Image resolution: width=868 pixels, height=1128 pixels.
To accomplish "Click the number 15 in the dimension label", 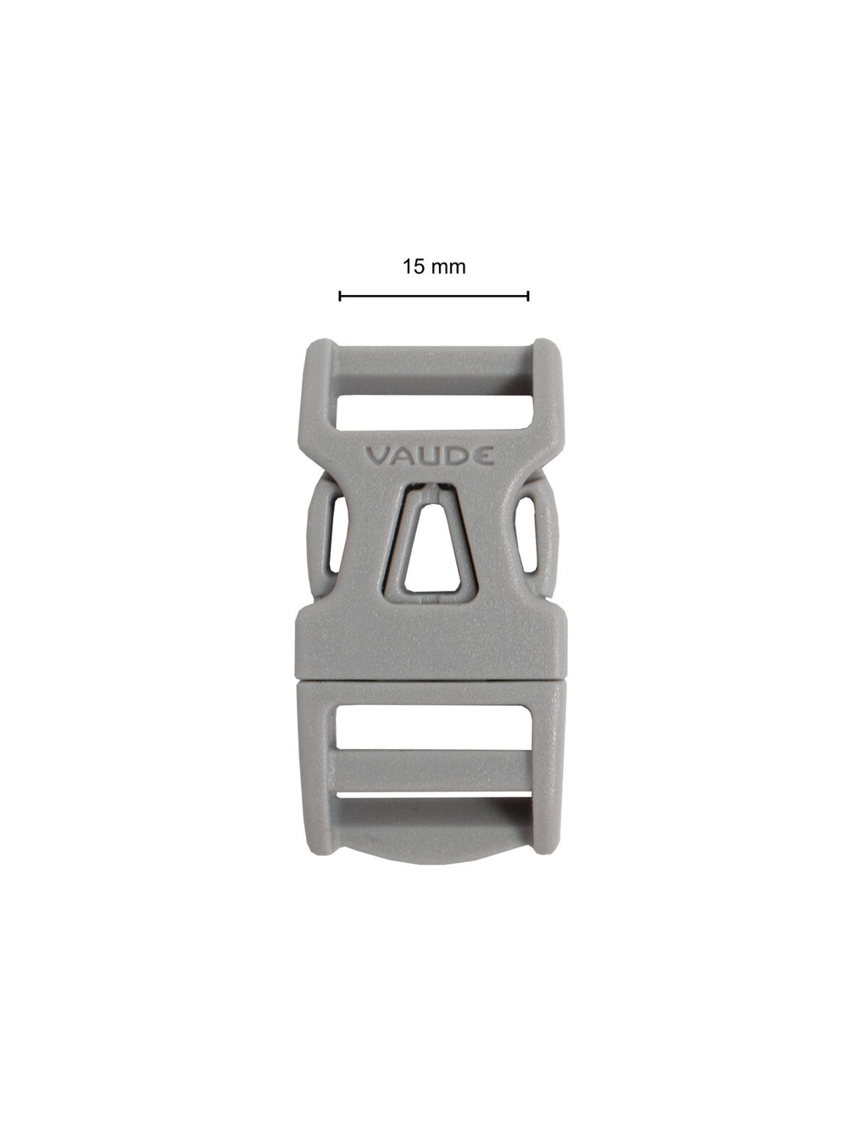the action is click(x=414, y=267).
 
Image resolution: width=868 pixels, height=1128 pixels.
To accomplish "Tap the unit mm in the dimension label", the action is click(x=448, y=268).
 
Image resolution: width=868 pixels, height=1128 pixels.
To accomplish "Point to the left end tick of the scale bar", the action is click(x=340, y=296).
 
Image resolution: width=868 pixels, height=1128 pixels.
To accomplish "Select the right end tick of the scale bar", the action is click(x=528, y=296).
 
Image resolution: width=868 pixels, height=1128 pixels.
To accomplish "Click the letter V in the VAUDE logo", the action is click(x=376, y=456).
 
